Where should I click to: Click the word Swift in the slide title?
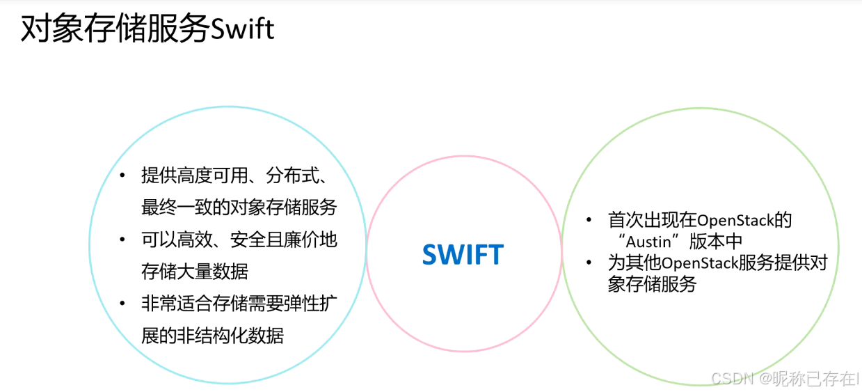pyautogui.click(x=242, y=29)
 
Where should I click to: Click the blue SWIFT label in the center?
pyautogui.click(x=463, y=255)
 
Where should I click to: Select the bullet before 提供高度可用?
pyautogui.click(x=123, y=175)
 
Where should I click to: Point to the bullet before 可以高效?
pyautogui.click(x=123, y=240)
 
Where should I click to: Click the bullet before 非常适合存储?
pyautogui.click(x=123, y=304)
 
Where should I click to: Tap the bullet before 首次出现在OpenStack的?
pyautogui.click(x=590, y=221)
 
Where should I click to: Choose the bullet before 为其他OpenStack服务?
pyautogui.click(x=590, y=263)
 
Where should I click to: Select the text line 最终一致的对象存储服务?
pyautogui.click(x=239, y=207)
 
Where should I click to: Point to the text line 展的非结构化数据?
pyautogui.click(x=212, y=336)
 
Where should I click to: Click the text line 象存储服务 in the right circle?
pyautogui.click(x=652, y=284)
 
